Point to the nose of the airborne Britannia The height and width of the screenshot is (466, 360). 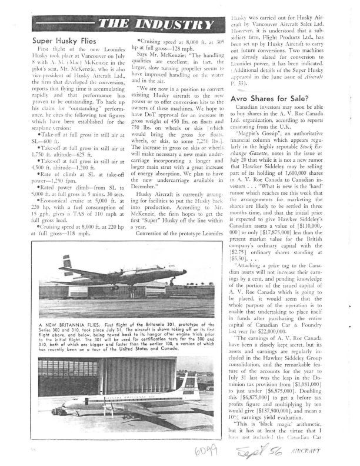tap(185, 272)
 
